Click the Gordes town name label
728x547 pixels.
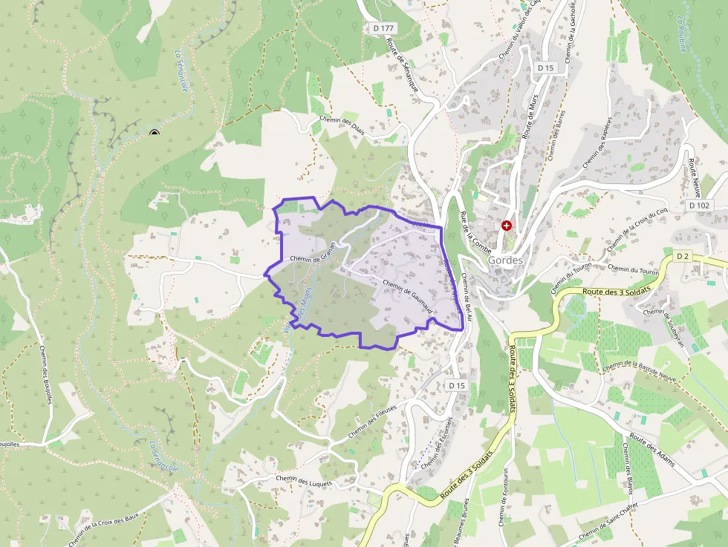(507, 261)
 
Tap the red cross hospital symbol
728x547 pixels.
(507, 225)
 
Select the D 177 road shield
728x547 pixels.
(383, 28)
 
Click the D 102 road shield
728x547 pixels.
(699, 205)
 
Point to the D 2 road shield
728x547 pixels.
(683, 256)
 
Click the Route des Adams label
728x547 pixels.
(651, 448)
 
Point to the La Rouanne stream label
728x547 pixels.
(682, 33)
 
